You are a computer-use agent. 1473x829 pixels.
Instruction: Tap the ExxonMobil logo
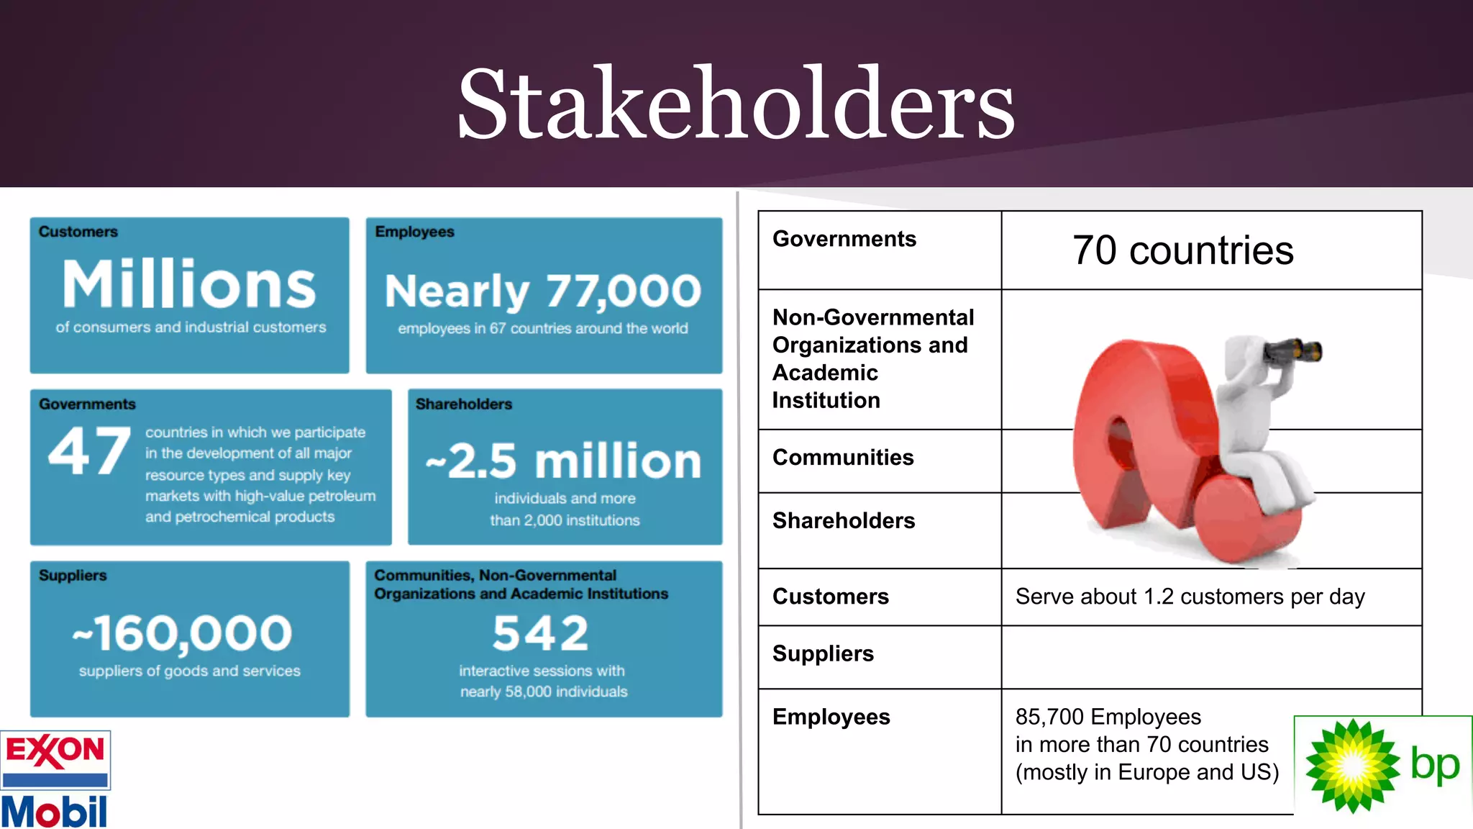click(x=55, y=779)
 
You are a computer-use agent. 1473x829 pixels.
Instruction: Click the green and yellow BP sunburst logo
click(x=1352, y=766)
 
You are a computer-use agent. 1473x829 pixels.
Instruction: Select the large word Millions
click(x=189, y=284)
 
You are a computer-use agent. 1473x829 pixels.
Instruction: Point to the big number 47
click(x=89, y=451)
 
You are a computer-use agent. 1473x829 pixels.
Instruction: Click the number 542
click(x=541, y=633)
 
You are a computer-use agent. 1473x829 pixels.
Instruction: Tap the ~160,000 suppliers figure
click(x=183, y=634)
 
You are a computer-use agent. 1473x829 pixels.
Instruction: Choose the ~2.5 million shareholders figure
click(x=564, y=461)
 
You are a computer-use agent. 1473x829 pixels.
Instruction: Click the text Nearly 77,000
click(x=543, y=291)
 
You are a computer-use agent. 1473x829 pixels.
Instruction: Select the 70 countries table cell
click(x=1182, y=250)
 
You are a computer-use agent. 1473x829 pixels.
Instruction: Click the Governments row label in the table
click(x=844, y=239)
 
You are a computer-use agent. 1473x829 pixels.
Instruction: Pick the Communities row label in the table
click(x=843, y=458)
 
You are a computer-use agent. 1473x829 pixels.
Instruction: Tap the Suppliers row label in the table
click(x=823, y=653)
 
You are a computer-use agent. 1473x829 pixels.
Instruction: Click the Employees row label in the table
click(x=831, y=717)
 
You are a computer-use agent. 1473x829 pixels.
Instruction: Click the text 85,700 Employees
click(x=1108, y=717)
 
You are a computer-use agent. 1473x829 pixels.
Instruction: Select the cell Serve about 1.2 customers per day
click(x=1190, y=597)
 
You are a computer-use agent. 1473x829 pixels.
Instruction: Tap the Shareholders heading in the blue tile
click(x=464, y=404)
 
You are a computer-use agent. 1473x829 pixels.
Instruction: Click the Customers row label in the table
click(x=831, y=597)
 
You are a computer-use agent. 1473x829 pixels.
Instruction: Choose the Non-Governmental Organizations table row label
click(x=873, y=358)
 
